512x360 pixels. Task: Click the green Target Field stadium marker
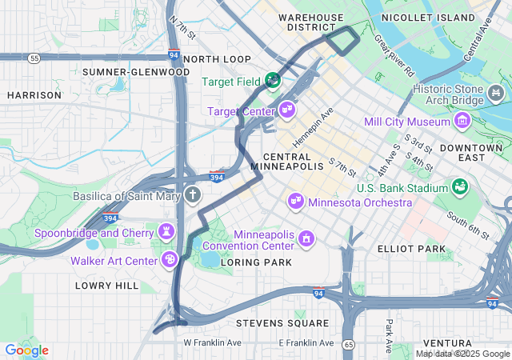pyautogui.click(x=273, y=81)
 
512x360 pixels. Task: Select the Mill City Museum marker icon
pyautogui.click(x=462, y=122)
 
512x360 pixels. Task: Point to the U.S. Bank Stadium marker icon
pyautogui.click(x=460, y=187)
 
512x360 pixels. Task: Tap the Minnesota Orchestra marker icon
pyautogui.click(x=296, y=200)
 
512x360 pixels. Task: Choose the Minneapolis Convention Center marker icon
pyautogui.click(x=305, y=238)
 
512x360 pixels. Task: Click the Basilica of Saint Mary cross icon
pyautogui.click(x=192, y=194)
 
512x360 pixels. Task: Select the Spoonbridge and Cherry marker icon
pyautogui.click(x=166, y=232)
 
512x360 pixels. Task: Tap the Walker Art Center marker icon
pyautogui.click(x=170, y=259)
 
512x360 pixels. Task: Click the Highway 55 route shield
pyautogui.click(x=33, y=58)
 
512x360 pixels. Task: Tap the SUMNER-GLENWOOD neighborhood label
pyautogui.click(x=136, y=72)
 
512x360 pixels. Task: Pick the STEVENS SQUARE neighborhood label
pyautogui.click(x=282, y=323)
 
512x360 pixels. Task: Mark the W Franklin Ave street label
pyautogui.click(x=212, y=342)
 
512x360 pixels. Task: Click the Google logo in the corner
pyautogui.click(x=26, y=350)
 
